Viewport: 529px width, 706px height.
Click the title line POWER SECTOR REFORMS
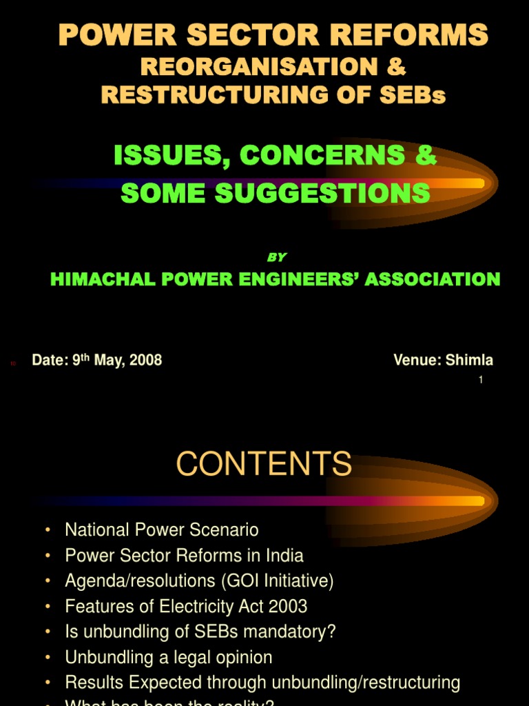click(273, 34)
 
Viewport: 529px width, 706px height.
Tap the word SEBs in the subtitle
click(417, 94)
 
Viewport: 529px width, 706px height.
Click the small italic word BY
click(276, 257)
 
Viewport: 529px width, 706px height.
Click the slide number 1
click(481, 380)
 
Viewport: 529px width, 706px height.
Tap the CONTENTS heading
click(264, 464)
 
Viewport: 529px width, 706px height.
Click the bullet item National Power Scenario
click(162, 529)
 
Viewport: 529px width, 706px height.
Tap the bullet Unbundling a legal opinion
click(169, 657)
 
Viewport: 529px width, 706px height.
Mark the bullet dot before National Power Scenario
click(48, 529)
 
